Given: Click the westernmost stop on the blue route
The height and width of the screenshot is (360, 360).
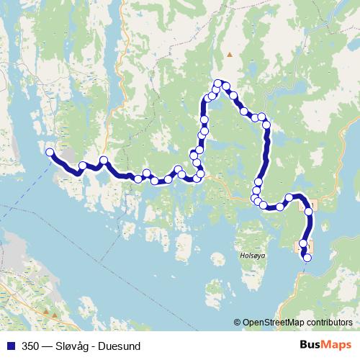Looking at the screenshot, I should pos(50,152).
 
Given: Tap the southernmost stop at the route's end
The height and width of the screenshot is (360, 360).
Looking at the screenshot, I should pos(307,258).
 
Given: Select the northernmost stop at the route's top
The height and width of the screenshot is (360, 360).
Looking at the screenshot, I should pos(218,84).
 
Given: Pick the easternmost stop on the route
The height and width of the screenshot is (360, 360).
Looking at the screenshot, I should pos(310,212).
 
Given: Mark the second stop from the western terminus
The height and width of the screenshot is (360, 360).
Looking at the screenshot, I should pos(83,166).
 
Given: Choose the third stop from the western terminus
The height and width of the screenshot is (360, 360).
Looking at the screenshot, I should pos(104,160).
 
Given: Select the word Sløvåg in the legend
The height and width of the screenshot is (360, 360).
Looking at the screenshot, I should pos(80,346).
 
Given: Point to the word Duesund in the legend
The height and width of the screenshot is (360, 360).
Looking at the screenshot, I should pos(131,346).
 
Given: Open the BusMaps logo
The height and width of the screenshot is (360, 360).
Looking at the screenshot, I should pos(325,346).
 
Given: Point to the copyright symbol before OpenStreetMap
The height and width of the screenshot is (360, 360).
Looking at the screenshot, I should pos(238,323).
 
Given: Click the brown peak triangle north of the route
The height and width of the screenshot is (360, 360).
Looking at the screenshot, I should pos(230,54).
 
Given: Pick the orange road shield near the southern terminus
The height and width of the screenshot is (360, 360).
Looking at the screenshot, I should pos(298,247).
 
